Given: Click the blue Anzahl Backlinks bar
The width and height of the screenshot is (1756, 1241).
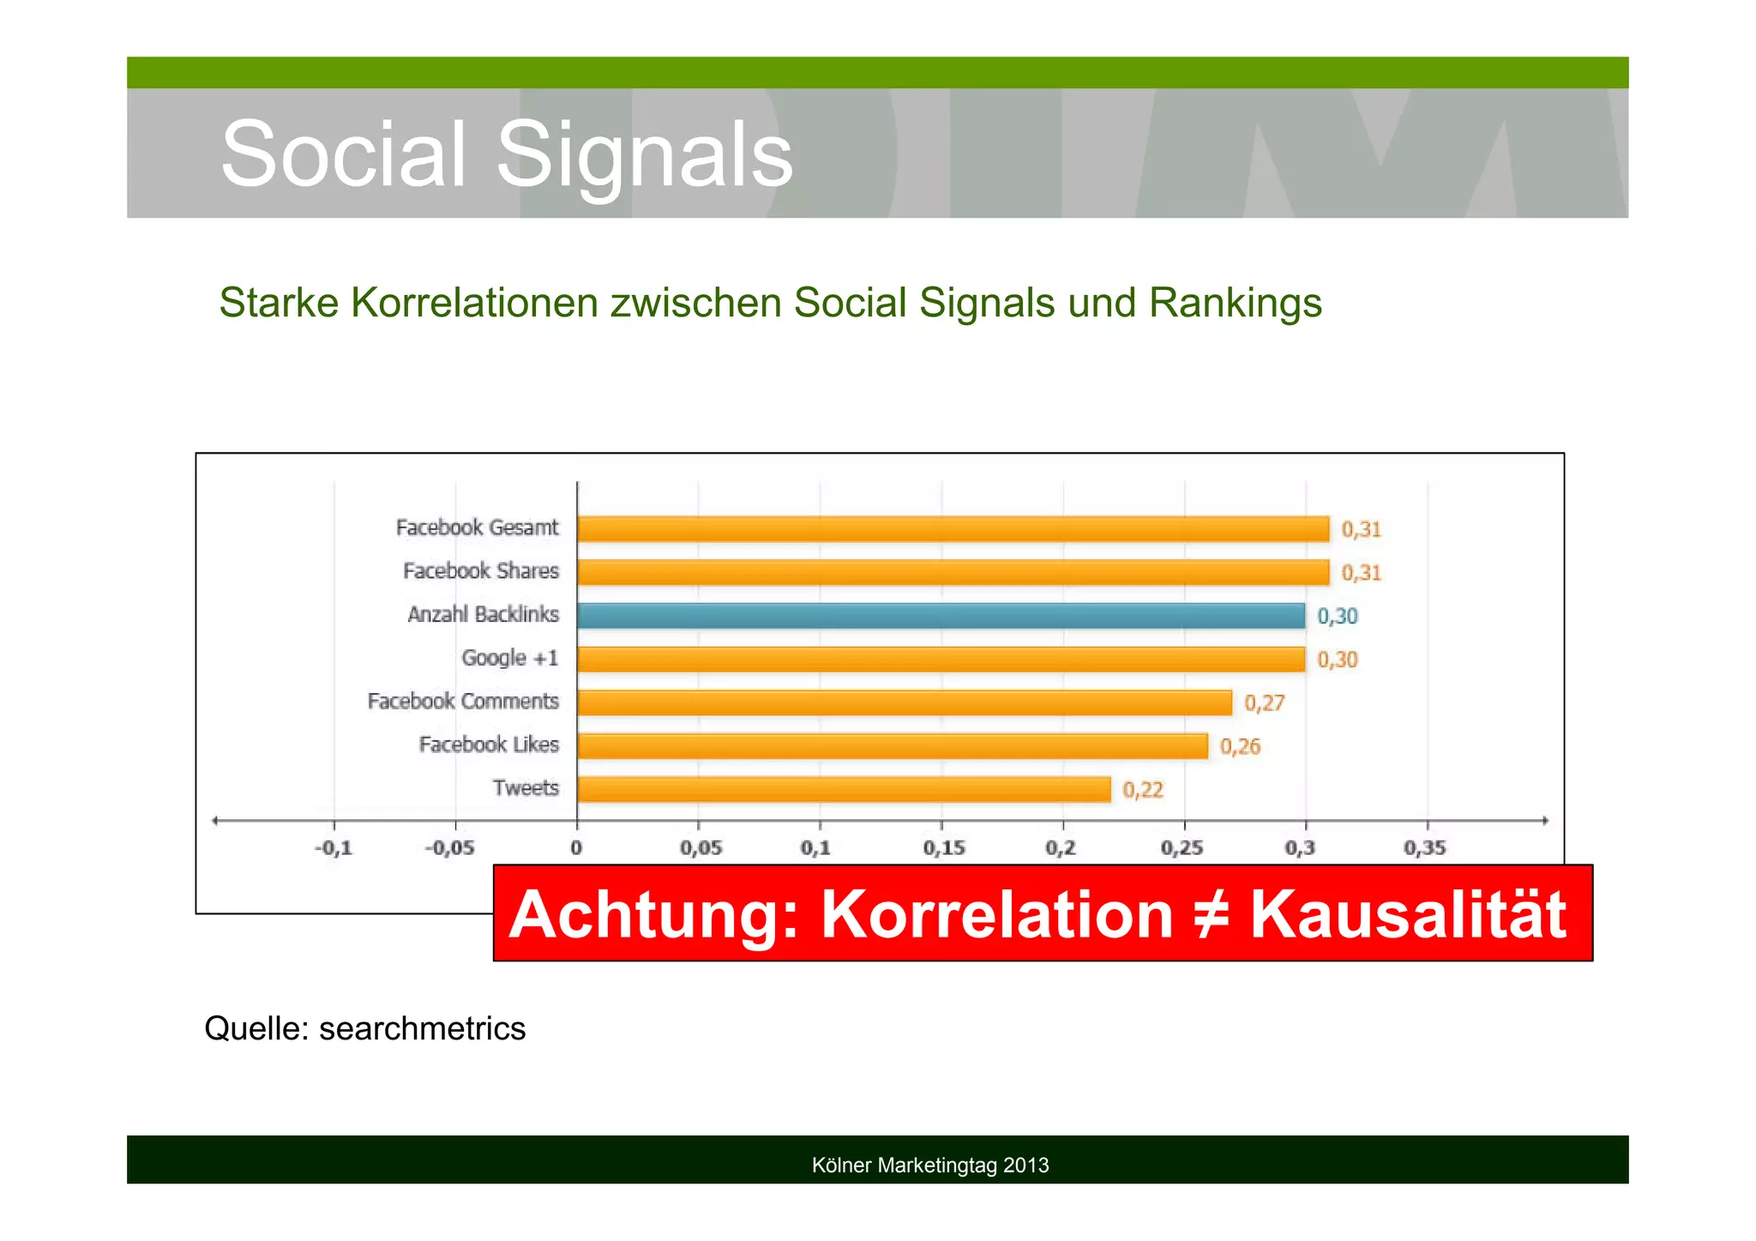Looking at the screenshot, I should coord(941,616).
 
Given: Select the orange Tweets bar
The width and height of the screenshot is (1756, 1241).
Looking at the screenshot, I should coord(844,789).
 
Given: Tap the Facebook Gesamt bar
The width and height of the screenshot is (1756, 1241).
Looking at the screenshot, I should coord(953,528).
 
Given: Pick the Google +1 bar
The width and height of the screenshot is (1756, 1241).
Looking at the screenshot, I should coord(941,659).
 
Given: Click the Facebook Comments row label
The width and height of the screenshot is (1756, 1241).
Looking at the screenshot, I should coord(463,702).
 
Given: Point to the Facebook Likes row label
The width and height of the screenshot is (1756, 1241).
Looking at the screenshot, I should coord(489,744).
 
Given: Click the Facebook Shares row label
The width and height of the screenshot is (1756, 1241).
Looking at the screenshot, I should coord(480,571).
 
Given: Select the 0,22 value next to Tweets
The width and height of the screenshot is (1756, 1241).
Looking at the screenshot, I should coord(1143,790).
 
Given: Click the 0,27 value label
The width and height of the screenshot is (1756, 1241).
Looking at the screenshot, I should coord(1264,703).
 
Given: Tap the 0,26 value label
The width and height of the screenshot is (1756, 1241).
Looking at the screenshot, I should coord(1240,746).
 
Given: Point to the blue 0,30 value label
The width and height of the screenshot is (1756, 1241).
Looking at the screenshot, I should coord(1337,616).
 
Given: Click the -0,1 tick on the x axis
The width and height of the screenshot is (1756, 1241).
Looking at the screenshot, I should coord(334,848).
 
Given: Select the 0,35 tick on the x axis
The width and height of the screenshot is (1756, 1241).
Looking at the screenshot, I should coord(1425,848).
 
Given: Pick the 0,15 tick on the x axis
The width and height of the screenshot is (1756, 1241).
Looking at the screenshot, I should coord(943,848).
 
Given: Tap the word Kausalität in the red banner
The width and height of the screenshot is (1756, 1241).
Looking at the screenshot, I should coord(1408,914).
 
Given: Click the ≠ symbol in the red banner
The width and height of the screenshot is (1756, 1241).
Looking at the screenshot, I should coord(1211,914).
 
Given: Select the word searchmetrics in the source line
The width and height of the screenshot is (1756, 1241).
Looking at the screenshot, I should coord(422,1027).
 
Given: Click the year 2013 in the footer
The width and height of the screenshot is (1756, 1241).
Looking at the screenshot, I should coord(1026,1165).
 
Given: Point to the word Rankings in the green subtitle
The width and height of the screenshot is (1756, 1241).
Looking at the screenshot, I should coord(1235,303).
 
